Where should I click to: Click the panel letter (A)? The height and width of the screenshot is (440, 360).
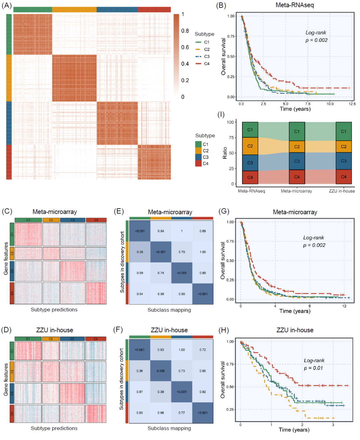point(7,6)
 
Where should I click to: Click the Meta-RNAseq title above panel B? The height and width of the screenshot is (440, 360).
point(295,5)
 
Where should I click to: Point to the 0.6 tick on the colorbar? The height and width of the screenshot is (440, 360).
point(185,47)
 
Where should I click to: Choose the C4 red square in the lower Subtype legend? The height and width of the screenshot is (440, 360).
point(198,163)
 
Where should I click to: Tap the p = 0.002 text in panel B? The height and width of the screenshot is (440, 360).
point(316,40)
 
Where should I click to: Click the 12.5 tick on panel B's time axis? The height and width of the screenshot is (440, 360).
point(352,104)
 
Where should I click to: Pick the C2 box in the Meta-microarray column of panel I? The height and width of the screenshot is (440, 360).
point(297,146)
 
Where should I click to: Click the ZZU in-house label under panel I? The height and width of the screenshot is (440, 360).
point(342,191)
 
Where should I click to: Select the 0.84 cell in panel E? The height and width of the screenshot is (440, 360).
point(161,231)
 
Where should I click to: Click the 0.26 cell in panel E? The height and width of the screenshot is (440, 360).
point(140,252)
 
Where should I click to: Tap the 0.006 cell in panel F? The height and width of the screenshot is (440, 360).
point(161,371)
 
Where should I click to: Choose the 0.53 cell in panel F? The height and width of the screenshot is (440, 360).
point(161,350)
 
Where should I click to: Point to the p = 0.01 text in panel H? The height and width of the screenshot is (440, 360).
point(313,368)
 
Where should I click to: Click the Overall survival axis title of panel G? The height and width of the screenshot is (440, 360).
point(223,261)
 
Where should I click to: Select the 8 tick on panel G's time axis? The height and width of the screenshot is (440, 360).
point(310,306)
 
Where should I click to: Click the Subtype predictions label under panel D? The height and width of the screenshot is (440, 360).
point(54,428)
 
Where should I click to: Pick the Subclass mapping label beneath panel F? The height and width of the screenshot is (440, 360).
point(169,428)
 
